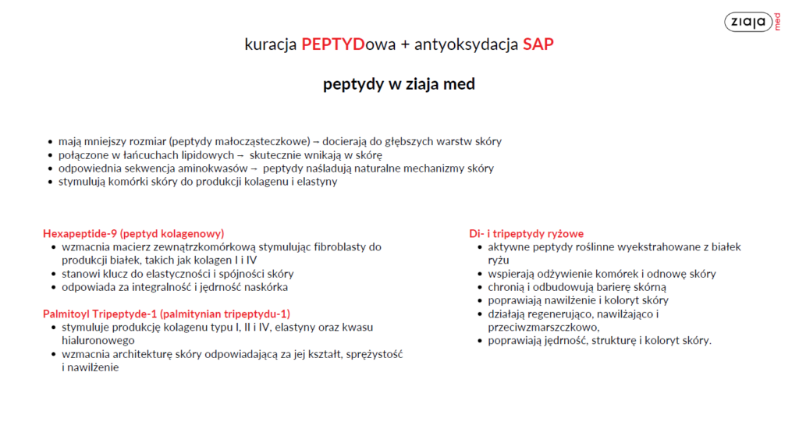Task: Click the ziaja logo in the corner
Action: (752, 22)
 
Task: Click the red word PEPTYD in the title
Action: (332, 44)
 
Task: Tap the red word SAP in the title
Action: (538, 44)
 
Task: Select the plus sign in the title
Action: (405, 44)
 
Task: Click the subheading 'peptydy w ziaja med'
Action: (399, 84)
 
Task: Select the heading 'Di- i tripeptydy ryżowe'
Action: (527, 234)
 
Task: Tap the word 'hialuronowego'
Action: (98, 340)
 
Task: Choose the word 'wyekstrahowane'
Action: (641, 247)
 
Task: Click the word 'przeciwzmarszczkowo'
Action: (542, 327)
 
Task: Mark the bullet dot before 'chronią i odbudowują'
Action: (480, 287)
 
